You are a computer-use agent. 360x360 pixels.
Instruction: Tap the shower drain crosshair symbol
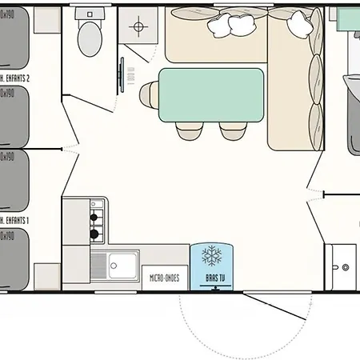pyautogui.click(x=139, y=27)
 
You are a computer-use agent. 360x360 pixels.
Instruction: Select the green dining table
pyautogui.click(x=212, y=93)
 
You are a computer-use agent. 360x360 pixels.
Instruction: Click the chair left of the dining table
pyautogui.click(x=146, y=94)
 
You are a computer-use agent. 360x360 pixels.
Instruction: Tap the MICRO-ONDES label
pyautogui.click(x=165, y=279)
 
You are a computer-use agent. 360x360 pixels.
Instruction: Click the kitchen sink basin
pyautogui.click(x=123, y=262)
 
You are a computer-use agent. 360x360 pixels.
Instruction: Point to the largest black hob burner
pyautogui.click(x=94, y=234)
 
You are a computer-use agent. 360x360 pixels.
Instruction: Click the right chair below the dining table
pyautogui.click(x=233, y=129)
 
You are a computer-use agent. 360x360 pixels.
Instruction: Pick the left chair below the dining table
pyautogui.click(x=189, y=129)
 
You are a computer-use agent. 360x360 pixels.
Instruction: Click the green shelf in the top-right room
pyautogui.click(x=348, y=18)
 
